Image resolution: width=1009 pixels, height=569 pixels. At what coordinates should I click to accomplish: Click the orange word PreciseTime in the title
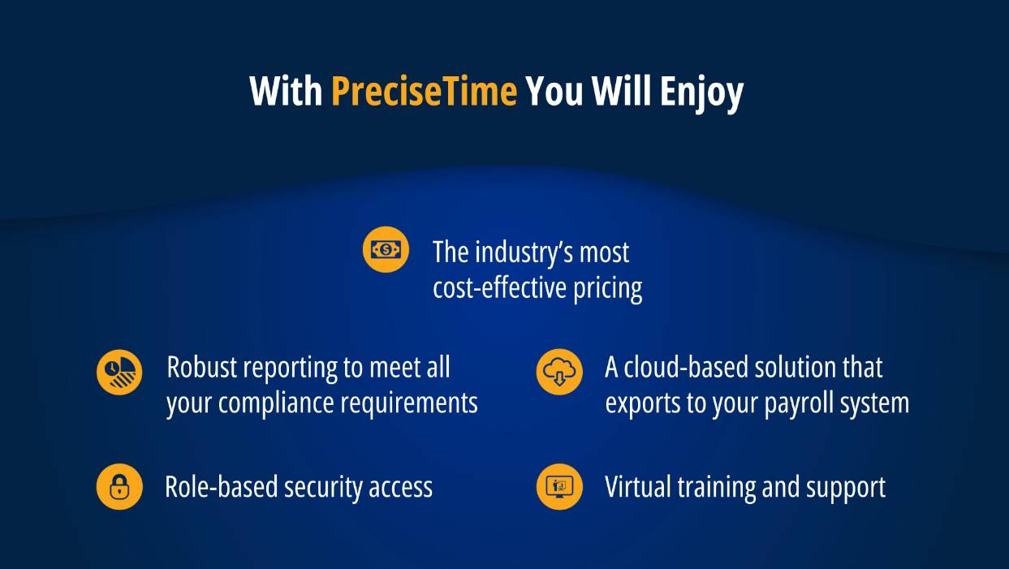[424, 91]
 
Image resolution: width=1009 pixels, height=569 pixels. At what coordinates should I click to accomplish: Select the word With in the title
[286, 91]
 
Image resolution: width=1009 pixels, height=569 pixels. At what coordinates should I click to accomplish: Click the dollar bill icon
[386, 249]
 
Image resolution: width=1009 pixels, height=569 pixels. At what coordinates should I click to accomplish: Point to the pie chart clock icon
[119, 372]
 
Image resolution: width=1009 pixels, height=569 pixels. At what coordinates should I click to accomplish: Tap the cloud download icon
[559, 372]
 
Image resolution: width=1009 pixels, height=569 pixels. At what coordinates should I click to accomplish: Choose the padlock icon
[119, 486]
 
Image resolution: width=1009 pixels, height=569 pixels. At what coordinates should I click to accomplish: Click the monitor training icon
[559, 486]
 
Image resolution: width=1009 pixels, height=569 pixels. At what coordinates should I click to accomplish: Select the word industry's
[524, 252]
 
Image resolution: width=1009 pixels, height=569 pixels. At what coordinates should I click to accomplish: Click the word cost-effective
[499, 287]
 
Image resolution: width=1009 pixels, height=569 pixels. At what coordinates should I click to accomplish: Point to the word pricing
[608, 289]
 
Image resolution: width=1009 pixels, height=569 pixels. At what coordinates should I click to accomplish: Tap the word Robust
[202, 367]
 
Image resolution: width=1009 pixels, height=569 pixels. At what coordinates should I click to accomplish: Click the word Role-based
[221, 487]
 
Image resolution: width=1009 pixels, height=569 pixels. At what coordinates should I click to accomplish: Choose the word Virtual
[638, 487]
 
